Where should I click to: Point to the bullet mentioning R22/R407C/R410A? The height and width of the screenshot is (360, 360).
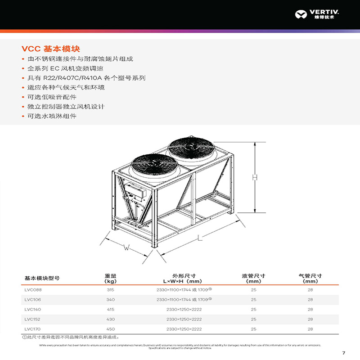point(86,78)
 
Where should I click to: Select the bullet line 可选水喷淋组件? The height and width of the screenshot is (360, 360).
point(52,116)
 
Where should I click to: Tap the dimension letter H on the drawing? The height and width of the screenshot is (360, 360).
point(255,177)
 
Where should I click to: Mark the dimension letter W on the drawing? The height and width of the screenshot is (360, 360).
point(127,247)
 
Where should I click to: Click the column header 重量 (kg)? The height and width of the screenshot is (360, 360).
point(111,278)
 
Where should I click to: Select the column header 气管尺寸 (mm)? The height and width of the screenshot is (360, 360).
point(310,278)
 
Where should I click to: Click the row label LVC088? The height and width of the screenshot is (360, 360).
point(33,290)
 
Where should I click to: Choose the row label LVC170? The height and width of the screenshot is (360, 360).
point(33,329)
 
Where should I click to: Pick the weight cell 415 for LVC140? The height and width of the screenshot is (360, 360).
point(111,310)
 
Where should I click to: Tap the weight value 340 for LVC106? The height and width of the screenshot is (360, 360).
point(111,300)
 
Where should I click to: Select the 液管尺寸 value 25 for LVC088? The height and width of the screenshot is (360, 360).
point(254,290)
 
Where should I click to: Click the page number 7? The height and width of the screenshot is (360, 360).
point(343,352)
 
